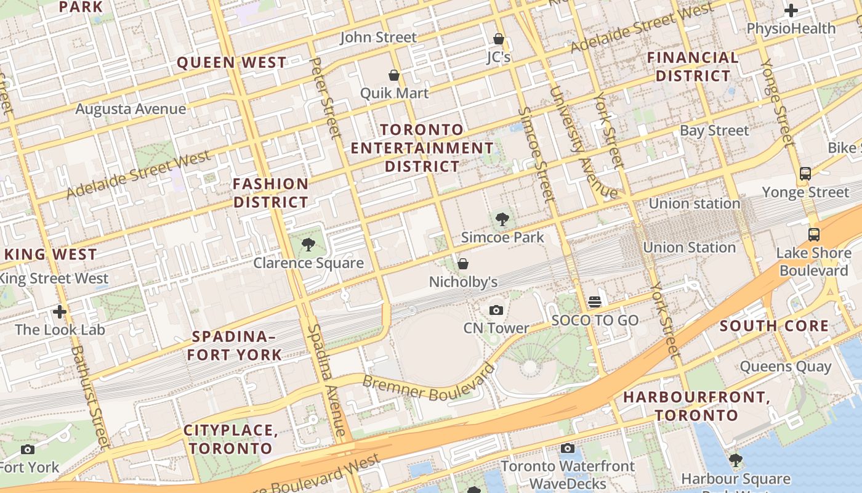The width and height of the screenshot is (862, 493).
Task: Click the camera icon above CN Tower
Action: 496,310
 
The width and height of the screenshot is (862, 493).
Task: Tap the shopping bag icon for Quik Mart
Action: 394,75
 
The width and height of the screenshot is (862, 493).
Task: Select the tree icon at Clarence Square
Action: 308,245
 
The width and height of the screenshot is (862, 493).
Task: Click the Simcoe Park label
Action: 502,237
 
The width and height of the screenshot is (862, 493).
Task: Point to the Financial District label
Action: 693,67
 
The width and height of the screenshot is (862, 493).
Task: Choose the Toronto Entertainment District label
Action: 422,148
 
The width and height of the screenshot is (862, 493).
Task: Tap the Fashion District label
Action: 271,193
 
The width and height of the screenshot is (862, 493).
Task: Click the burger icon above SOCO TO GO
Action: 595,302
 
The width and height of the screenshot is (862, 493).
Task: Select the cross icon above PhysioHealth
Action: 791,10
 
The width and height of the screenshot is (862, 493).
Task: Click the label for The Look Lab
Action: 60,329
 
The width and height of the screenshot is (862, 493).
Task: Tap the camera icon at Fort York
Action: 28,449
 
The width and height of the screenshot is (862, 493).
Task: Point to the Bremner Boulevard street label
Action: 429,381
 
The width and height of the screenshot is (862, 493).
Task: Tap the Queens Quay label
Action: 785,367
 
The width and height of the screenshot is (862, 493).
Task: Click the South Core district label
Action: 774,326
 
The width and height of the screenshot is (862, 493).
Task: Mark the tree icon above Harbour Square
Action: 735,460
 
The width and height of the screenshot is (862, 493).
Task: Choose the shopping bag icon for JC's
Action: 499,39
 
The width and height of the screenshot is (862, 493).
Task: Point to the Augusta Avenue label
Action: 131,109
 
